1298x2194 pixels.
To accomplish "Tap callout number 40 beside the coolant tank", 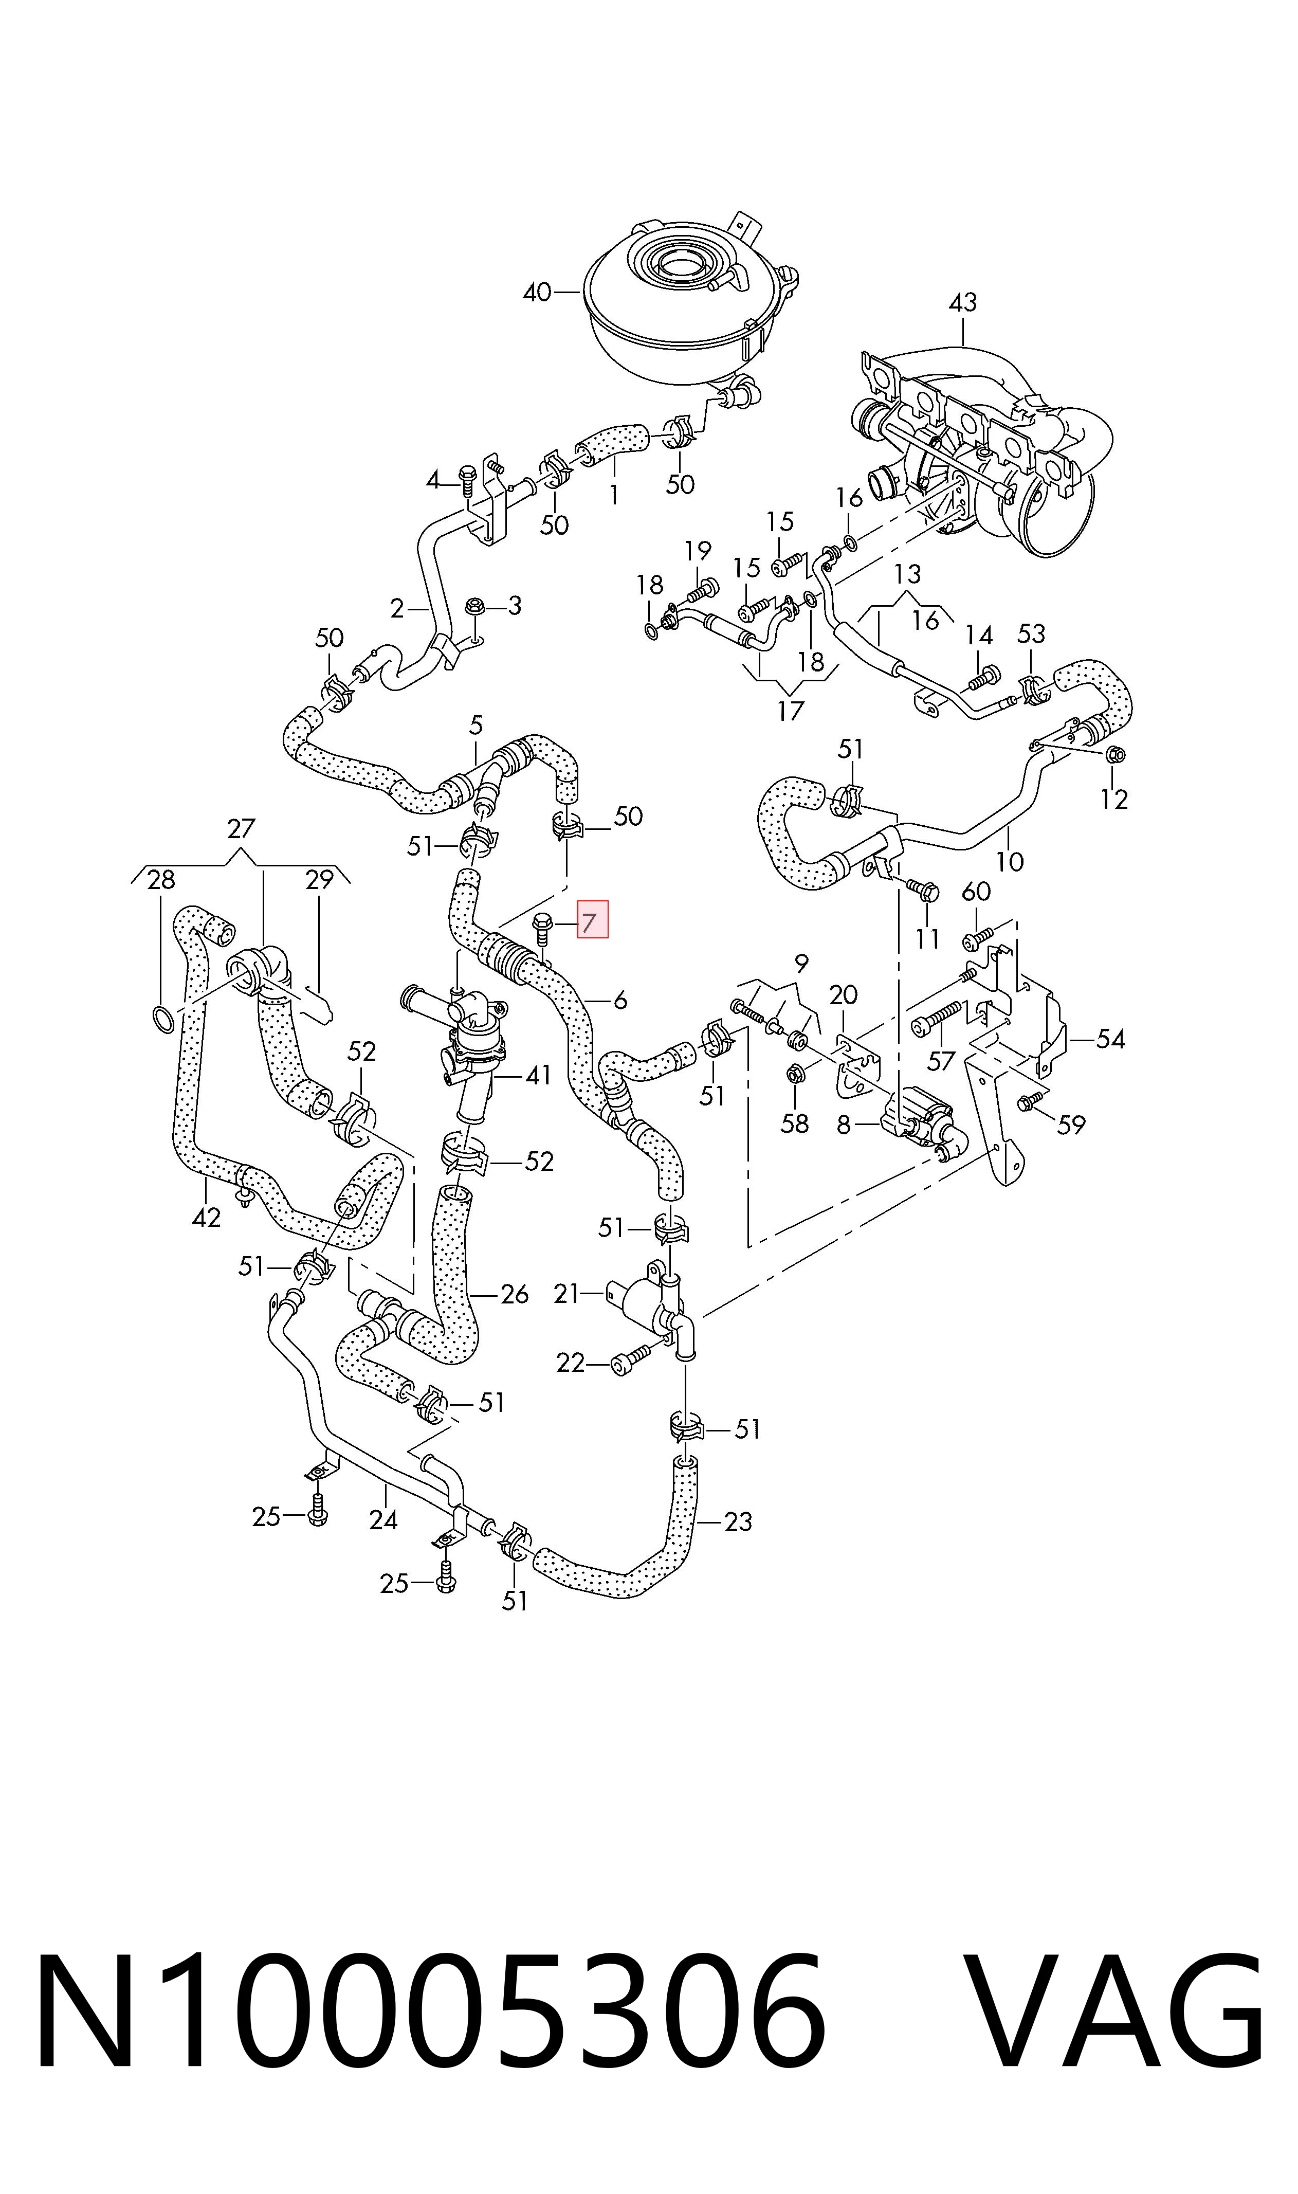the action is (537, 292).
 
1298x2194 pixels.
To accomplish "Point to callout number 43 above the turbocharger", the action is (962, 303).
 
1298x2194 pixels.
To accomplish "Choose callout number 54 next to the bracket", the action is (1110, 1039).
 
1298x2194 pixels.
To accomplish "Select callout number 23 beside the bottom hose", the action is (738, 1521).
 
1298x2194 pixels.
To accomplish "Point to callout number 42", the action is (207, 1217).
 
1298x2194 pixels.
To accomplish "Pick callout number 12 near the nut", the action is (1113, 799).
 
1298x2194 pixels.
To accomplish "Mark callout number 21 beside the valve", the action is (567, 1293).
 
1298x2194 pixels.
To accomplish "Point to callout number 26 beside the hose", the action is (514, 1294).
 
